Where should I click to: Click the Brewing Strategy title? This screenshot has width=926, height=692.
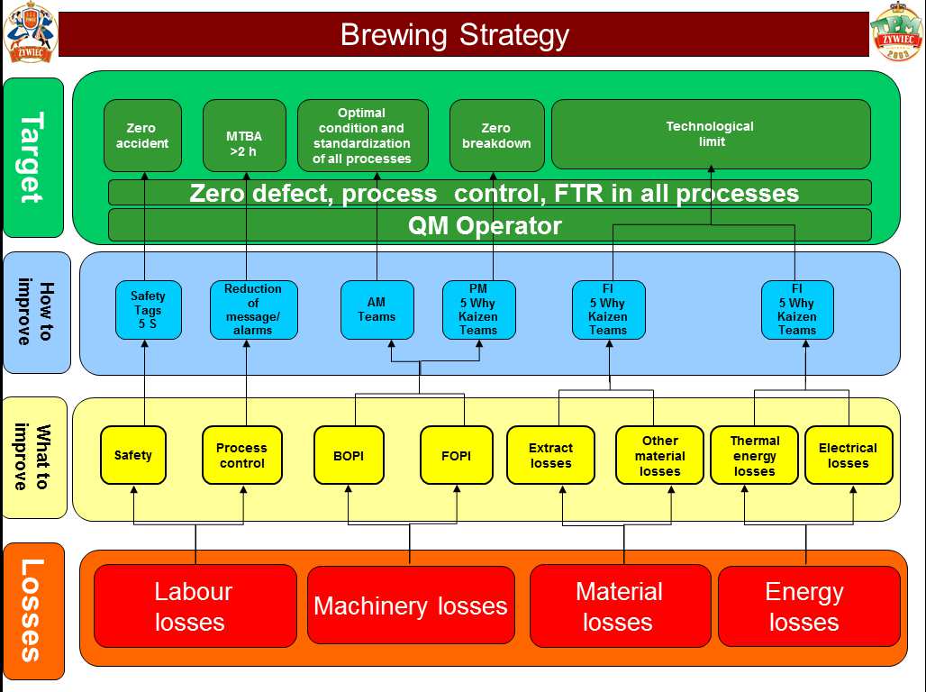point(455,35)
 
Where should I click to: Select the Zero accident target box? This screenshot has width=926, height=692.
point(142,135)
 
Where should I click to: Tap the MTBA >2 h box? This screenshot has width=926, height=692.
point(244,135)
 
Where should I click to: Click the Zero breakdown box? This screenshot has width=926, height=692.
point(496,135)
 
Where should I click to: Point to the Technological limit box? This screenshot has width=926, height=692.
point(711,134)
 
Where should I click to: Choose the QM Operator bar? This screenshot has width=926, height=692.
point(490,225)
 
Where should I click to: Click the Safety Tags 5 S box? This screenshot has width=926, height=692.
point(149,310)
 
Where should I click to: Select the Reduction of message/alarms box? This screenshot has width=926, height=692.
point(253,310)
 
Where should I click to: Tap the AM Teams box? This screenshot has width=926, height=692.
point(377,310)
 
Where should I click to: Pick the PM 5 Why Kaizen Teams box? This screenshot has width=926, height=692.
point(479,310)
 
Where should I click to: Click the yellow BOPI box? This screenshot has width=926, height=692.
point(349,455)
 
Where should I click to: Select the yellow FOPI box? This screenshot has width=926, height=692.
point(456,455)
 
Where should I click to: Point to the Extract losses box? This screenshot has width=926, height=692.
point(550,455)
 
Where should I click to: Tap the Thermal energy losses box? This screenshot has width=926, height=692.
point(754,455)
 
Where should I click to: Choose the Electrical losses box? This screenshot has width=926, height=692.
point(849,455)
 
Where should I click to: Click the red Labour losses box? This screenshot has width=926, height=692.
point(195,605)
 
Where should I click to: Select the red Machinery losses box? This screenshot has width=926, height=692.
point(411,605)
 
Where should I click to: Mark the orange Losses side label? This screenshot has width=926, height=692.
point(33,611)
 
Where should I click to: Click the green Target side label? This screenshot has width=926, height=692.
point(33,157)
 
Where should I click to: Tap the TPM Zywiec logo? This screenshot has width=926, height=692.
point(896,32)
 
